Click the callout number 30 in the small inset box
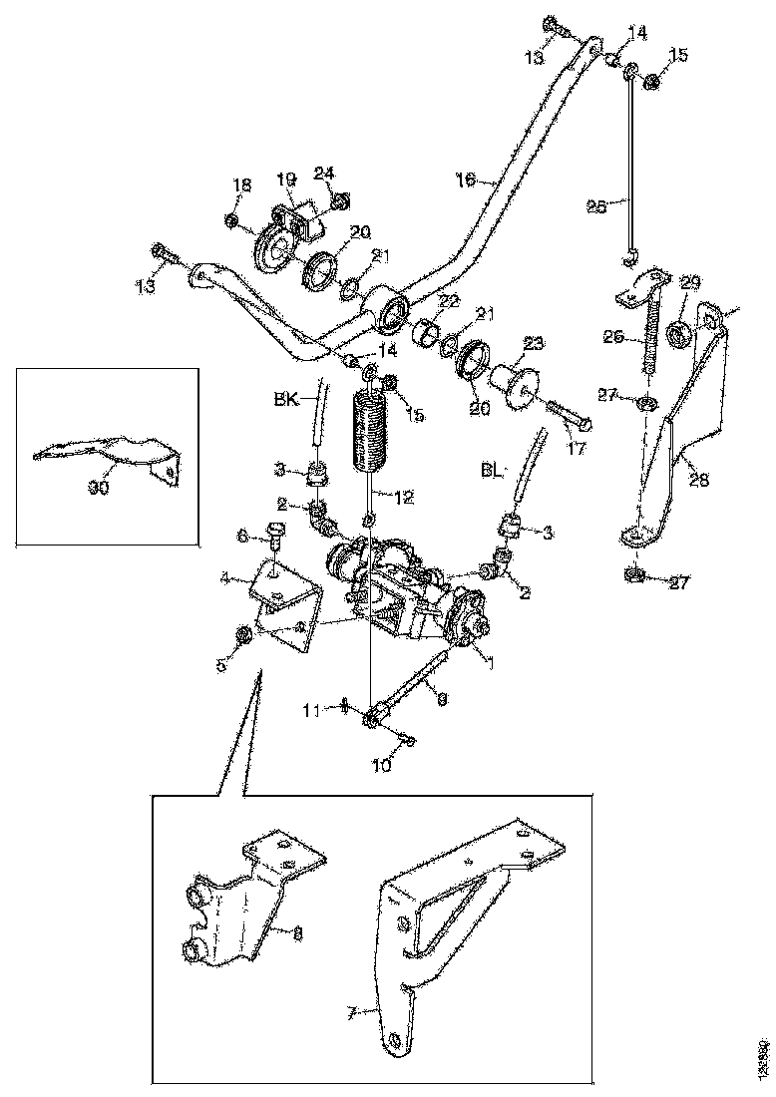click(x=98, y=488)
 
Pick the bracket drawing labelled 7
click(x=469, y=917)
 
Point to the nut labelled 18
click(x=230, y=219)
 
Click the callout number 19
click(x=286, y=181)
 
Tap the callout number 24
click(x=323, y=172)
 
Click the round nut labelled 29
click(x=676, y=332)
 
